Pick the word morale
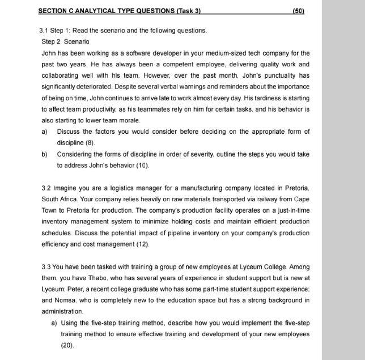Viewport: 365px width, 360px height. (129, 120)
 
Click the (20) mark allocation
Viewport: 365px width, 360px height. (67, 345)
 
